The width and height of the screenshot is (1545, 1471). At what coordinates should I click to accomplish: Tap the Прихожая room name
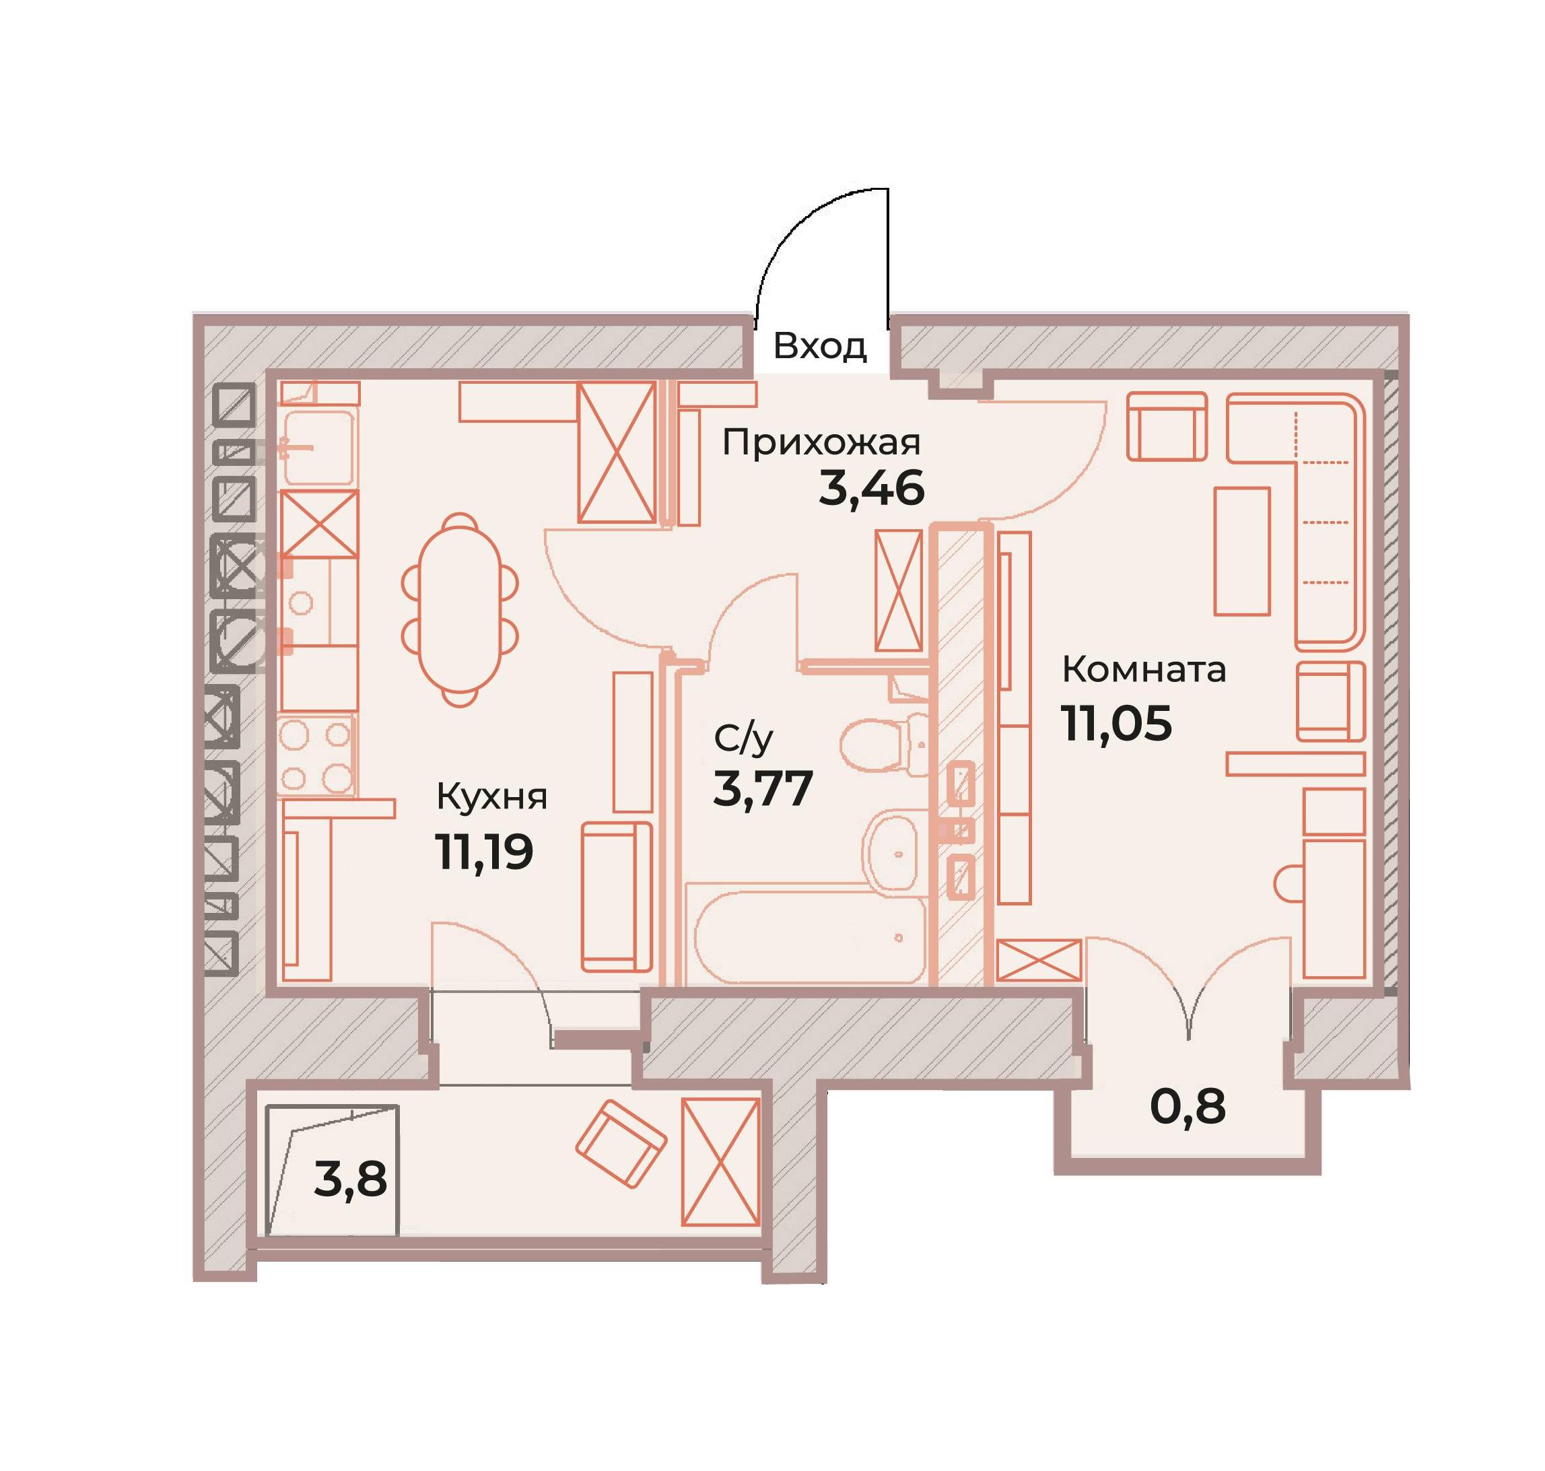[x=821, y=443]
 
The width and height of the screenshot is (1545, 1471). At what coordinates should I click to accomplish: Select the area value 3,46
[x=870, y=489]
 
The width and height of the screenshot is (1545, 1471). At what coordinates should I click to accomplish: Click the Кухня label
[x=491, y=798]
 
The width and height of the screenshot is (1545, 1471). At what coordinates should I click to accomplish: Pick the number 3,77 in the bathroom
[x=761, y=788]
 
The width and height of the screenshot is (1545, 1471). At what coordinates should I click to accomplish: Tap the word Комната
[x=1144, y=670]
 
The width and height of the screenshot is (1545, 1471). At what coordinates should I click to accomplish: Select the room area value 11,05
[x=1117, y=722]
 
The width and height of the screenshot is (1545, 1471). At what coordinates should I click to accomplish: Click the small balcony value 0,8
[x=1188, y=1106]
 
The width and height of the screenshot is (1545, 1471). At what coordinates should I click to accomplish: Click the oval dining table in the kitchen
[x=460, y=611]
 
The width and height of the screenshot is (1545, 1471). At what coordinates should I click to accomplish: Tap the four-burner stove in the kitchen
[x=317, y=757]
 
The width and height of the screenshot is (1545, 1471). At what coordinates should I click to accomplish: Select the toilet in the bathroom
[x=883, y=742]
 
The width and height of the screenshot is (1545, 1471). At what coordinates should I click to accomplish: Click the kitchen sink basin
[x=318, y=446]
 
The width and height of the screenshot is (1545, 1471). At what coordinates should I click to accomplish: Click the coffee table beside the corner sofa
[x=1241, y=551]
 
